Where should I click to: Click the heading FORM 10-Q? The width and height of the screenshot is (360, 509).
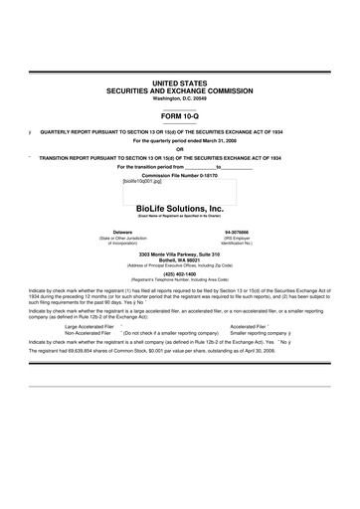pyautogui.click(x=179, y=115)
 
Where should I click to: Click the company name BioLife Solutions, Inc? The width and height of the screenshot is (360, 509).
pyautogui.click(x=179, y=209)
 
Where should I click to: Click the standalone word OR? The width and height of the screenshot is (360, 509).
pyautogui.click(x=179, y=148)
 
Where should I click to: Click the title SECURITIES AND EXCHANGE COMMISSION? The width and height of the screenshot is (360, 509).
pyautogui.click(x=179, y=89)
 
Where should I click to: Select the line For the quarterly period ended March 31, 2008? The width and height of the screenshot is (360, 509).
pyautogui.click(x=179, y=140)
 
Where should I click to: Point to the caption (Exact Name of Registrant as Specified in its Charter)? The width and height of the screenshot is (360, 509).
pyautogui.click(x=179, y=217)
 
